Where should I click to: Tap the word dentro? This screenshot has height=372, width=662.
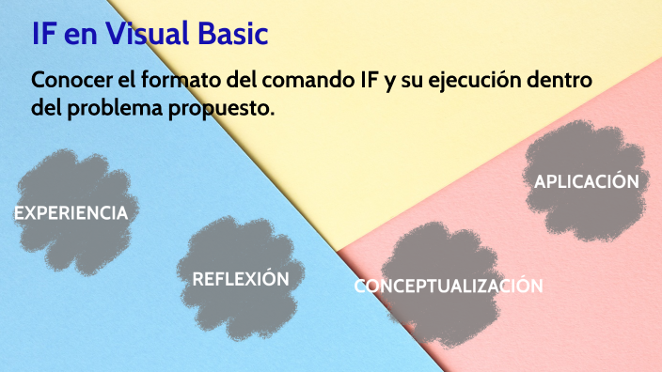560,81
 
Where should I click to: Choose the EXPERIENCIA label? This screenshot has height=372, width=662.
71,213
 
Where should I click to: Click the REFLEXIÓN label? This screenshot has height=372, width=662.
240,279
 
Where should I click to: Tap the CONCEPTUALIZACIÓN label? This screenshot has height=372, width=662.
449,287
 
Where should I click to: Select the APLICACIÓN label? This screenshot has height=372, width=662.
587,181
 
